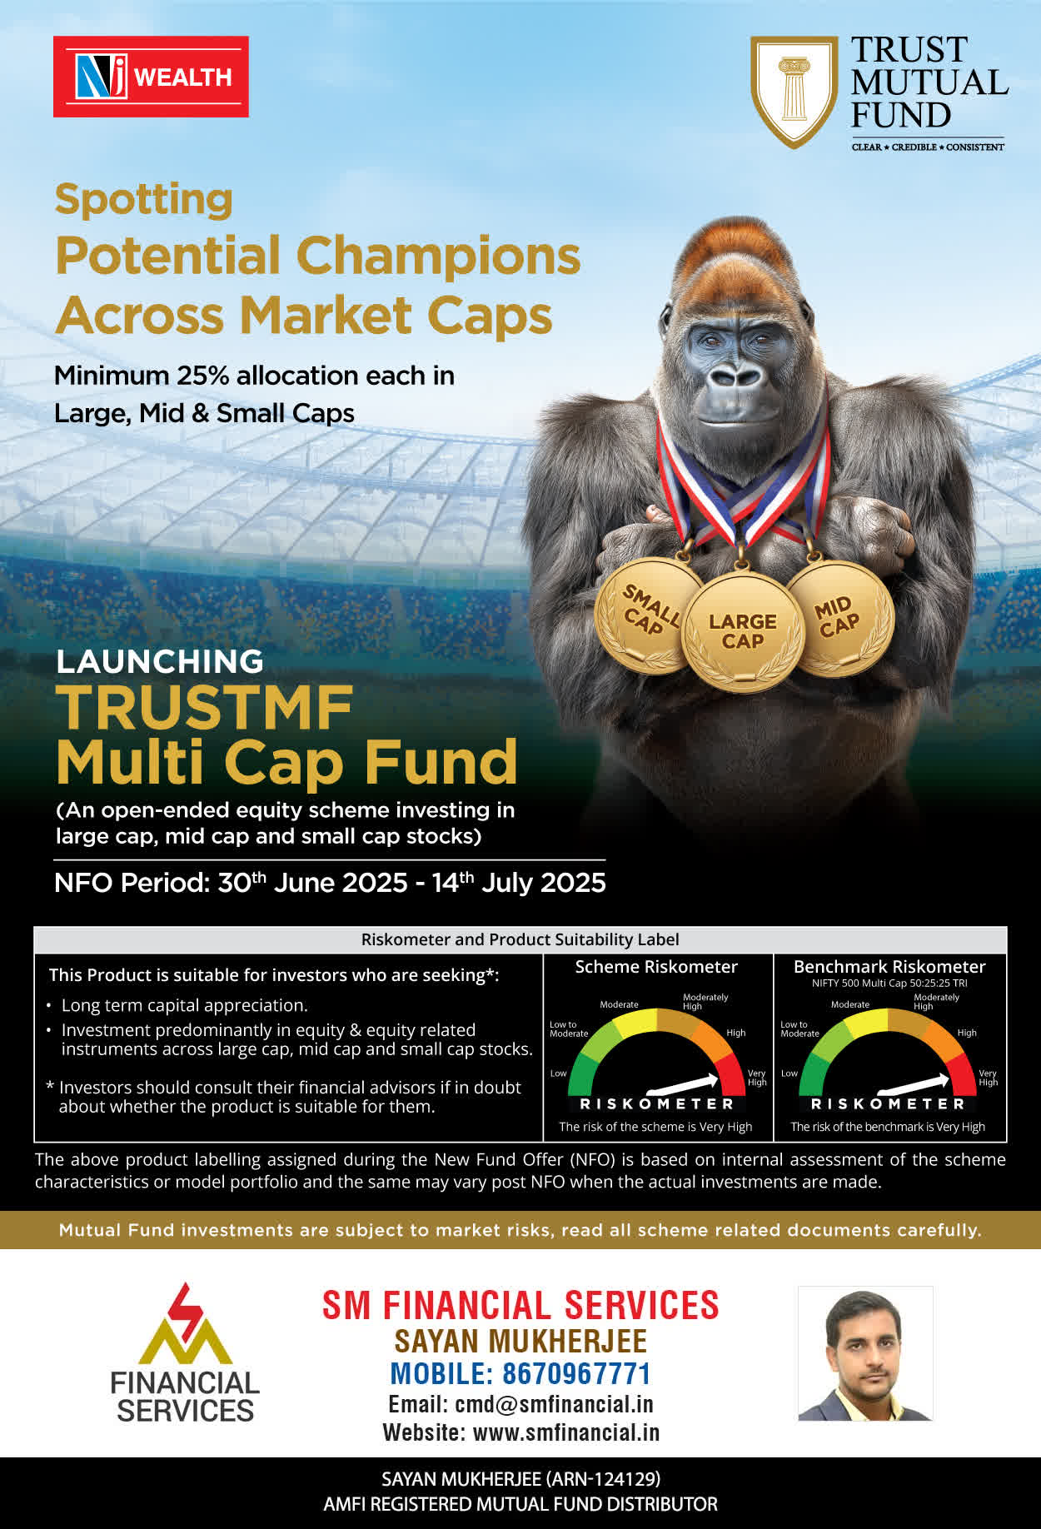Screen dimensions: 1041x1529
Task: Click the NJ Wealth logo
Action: coord(151,77)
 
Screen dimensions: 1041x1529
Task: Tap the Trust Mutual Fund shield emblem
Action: coord(794,91)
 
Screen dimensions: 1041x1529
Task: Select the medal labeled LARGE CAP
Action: coord(742,631)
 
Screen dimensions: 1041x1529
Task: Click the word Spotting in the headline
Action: coord(143,200)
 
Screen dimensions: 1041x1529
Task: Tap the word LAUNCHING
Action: coord(160,661)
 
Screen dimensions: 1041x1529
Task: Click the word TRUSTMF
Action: coord(205,708)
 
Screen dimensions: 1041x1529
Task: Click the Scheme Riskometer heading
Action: coord(656,967)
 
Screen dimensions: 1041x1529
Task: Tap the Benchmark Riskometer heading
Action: coord(889,967)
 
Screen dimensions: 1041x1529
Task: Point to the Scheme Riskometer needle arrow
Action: coord(683,1084)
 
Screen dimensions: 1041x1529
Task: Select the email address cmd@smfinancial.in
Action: coord(554,1404)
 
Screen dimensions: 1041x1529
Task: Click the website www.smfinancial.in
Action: coord(566,1432)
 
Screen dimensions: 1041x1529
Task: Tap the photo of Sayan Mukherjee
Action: coord(865,1353)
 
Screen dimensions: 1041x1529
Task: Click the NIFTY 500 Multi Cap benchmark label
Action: coord(889,984)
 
